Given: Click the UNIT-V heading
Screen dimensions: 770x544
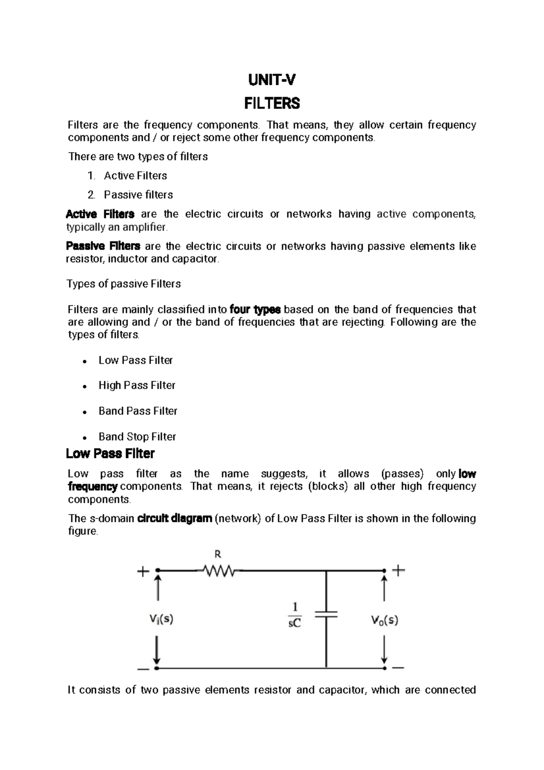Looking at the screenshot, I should tap(272, 81).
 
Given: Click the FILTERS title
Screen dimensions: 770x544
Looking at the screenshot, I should tap(272, 104).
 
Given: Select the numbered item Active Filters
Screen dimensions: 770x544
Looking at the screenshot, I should tap(135, 176).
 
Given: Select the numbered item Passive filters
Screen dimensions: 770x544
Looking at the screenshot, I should tap(138, 195).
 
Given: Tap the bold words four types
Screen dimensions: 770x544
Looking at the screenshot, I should tap(255, 310).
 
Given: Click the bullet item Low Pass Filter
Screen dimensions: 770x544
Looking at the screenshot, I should tap(136, 360).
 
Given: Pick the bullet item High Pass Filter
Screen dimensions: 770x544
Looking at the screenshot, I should tap(137, 385).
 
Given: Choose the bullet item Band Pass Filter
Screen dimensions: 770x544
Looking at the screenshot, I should tap(138, 411).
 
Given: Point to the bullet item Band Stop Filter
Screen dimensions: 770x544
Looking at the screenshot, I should tap(137, 436).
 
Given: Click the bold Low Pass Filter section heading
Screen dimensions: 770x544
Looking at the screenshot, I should tap(110, 454).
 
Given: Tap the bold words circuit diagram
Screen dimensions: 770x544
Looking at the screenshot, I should tap(175, 519).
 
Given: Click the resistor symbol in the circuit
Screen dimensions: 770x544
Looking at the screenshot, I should tap(219, 570).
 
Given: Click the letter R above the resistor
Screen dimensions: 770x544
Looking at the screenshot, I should tap(218, 554).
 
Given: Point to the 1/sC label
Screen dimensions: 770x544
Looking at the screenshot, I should tap(295, 615).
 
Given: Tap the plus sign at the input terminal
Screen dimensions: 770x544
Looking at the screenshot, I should tap(143, 571).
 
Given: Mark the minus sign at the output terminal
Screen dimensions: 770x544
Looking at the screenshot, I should tap(398, 668).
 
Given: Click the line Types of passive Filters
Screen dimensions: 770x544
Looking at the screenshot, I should tap(124, 284).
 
